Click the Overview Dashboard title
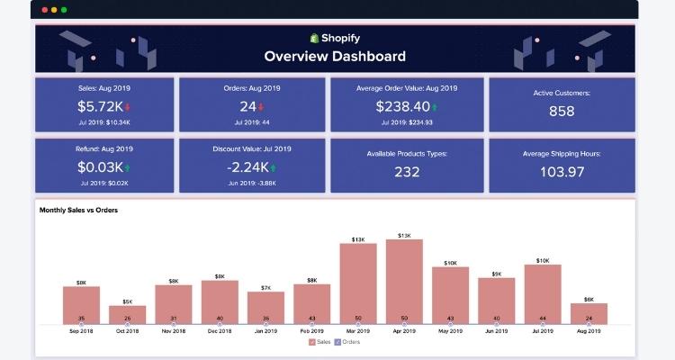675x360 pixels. click(335, 56)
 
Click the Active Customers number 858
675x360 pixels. click(562, 112)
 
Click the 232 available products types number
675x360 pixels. click(406, 172)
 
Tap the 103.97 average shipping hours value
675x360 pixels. click(561, 172)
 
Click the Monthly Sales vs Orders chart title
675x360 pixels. click(78, 210)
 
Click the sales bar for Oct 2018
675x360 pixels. click(127, 314)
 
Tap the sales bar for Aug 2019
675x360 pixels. click(589, 312)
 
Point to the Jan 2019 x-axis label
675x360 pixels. click(265, 331)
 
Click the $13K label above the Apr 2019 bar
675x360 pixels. click(404, 235)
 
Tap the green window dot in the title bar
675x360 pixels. click(64, 10)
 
